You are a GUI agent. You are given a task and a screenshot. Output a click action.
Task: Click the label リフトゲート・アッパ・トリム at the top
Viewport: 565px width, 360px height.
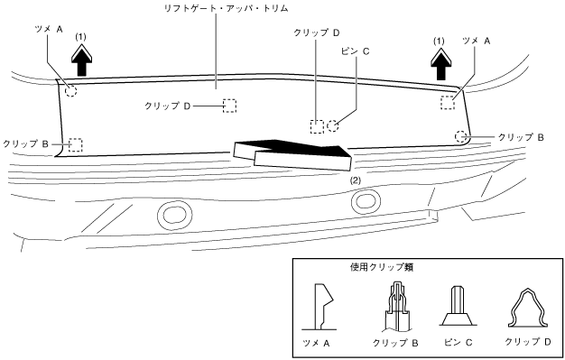(226, 8)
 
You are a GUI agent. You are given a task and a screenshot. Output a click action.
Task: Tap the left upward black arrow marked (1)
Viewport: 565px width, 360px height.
(82, 60)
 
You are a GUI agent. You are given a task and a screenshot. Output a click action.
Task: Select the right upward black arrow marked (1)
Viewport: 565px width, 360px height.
(440, 64)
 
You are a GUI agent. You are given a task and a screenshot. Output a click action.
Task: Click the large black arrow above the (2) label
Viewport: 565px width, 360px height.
(292, 154)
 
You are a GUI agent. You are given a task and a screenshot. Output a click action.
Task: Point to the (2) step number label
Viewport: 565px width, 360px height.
(356, 180)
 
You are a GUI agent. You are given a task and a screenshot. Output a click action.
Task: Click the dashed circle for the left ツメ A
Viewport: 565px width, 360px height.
(71, 90)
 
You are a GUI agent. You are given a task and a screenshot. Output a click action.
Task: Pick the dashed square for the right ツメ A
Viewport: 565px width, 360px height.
(448, 103)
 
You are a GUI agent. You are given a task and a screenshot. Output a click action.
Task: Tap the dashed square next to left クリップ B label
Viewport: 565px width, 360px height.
(76, 145)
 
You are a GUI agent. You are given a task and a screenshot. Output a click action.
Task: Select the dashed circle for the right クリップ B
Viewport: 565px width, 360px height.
(461, 136)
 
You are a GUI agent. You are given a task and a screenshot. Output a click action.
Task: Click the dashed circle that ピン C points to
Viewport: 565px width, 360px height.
(333, 125)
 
